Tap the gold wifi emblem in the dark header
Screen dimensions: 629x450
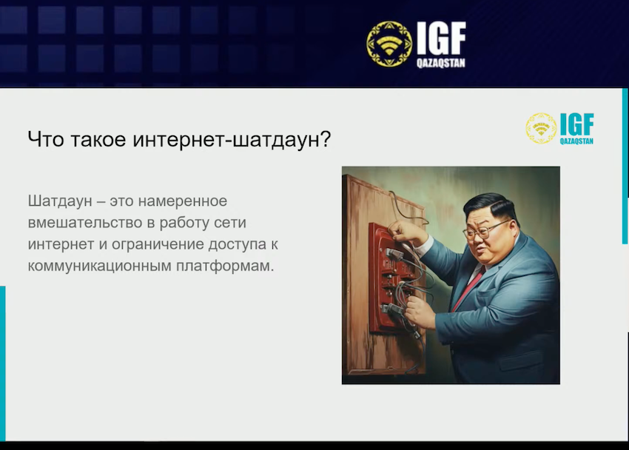(389, 44)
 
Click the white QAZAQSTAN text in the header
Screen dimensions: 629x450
(441, 63)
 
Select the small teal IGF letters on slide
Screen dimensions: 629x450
(577, 124)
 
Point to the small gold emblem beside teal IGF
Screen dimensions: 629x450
(541, 128)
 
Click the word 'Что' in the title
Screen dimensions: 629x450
(46, 139)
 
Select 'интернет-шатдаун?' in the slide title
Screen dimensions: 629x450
(232, 140)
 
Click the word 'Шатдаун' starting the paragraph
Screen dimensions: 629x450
(60, 201)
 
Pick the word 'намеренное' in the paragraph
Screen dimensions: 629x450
(183, 201)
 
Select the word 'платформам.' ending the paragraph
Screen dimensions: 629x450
(225, 266)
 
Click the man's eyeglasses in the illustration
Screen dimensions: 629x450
(483, 230)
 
